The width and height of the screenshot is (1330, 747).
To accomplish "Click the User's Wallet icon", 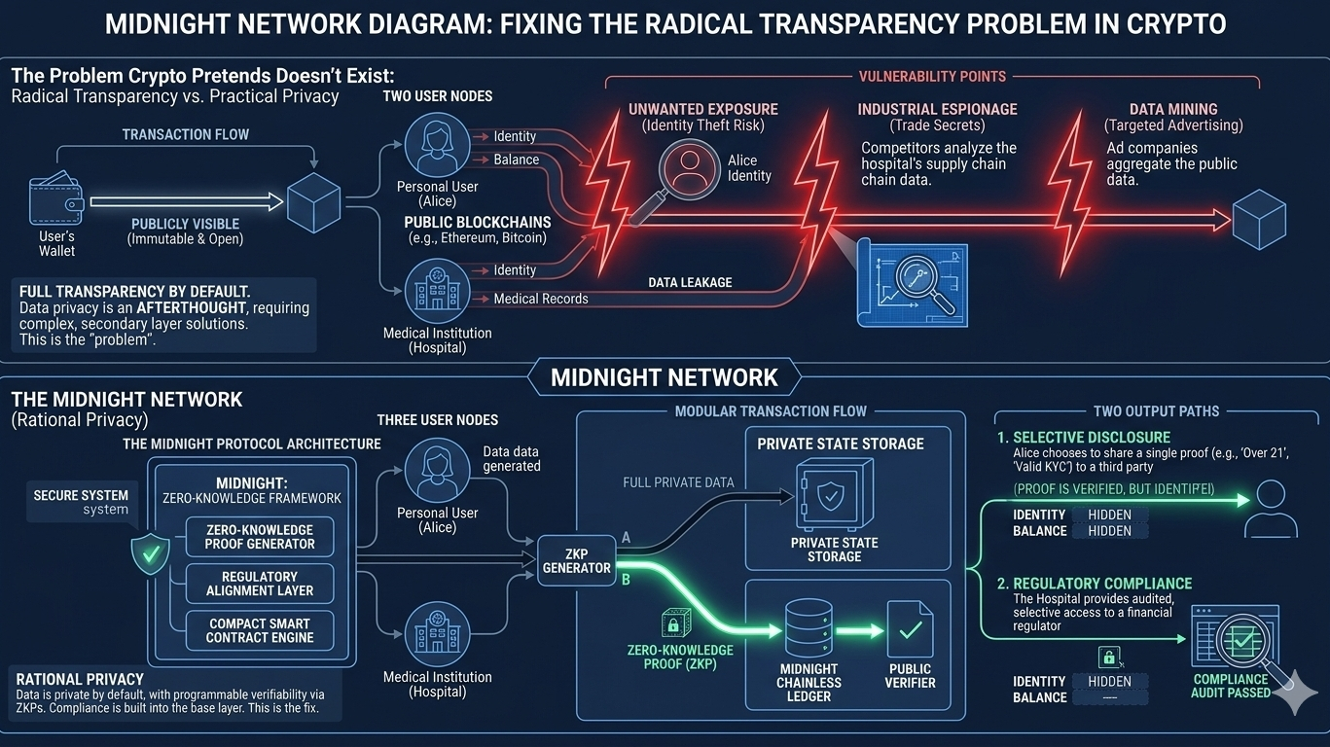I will (x=55, y=201).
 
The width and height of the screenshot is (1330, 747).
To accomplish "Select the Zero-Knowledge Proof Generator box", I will (x=260, y=536).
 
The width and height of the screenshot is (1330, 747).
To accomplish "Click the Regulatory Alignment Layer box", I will (x=260, y=584).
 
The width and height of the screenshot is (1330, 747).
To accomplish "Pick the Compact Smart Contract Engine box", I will (x=260, y=630).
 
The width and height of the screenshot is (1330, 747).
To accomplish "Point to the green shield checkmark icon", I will (x=150, y=553).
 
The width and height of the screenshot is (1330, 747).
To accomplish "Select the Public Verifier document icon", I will (x=910, y=631).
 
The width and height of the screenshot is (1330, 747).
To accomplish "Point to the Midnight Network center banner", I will (x=665, y=377).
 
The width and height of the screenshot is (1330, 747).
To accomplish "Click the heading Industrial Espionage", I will (x=937, y=109).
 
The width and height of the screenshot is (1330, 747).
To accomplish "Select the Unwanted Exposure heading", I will (x=702, y=109).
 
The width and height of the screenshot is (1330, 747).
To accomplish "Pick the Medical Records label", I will (x=540, y=299).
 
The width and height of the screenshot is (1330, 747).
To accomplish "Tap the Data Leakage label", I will (x=690, y=282).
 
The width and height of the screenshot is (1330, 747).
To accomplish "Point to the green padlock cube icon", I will (x=674, y=623).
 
